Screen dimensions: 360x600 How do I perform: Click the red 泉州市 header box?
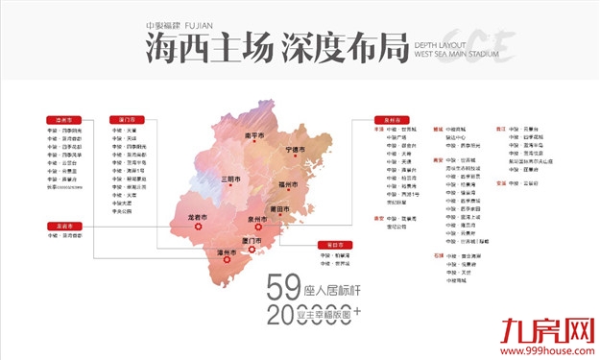pyautogui.click(x=387, y=120)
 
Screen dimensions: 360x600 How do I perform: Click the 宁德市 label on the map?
pyautogui.click(x=300, y=150)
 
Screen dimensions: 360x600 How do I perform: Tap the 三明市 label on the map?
pyautogui.click(x=232, y=179)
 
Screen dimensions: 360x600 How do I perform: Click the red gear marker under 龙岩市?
pyautogui.click(x=197, y=228)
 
